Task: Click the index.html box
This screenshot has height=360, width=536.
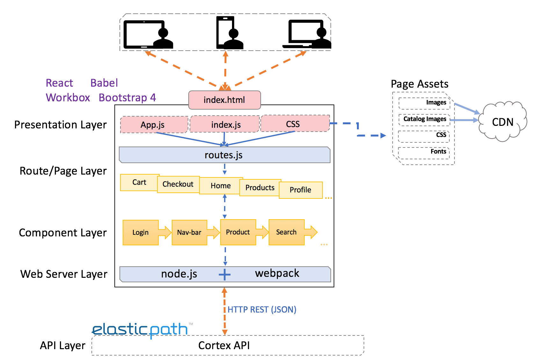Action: [x=224, y=100]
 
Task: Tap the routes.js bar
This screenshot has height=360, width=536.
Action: [x=224, y=155]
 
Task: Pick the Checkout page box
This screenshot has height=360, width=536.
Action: [x=178, y=184]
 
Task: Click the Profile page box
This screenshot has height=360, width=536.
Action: [x=301, y=190]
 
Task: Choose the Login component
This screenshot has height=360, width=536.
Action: [x=141, y=233]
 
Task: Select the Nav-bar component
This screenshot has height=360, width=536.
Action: [x=189, y=233]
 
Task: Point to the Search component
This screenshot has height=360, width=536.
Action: [x=286, y=232]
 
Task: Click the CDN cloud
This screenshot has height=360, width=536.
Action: [x=503, y=122]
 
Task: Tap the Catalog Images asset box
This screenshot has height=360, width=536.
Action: [x=424, y=119]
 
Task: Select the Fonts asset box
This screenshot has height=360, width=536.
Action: [x=424, y=152]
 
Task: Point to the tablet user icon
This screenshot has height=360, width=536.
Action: [x=148, y=34]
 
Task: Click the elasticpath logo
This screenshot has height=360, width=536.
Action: [x=140, y=330]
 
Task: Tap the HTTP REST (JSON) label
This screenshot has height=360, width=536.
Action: [x=262, y=310]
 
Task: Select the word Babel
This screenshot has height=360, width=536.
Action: [x=104, y=83]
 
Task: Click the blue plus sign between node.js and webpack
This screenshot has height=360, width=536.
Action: [x=225, y=274]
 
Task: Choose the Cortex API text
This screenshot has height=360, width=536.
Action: [x=224, y=346]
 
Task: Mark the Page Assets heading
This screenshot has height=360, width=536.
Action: [x=419, y=84]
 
